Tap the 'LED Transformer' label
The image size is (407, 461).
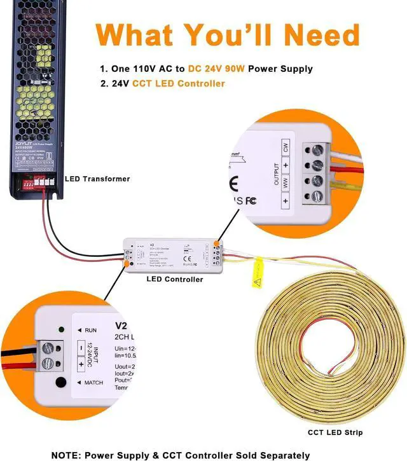[x=97, y=179]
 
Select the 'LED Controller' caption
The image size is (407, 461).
[x=175, y=279]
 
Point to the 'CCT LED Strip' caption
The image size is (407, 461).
[x=335, y=432]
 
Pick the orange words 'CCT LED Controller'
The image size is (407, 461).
[x=179, y=83]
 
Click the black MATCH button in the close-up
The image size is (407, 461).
[x=61, y=382]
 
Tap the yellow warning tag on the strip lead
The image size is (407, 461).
[x=257, y=274]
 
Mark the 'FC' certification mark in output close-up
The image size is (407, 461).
[x=251, y=200]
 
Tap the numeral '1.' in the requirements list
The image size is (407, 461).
[x=104, y=69]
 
